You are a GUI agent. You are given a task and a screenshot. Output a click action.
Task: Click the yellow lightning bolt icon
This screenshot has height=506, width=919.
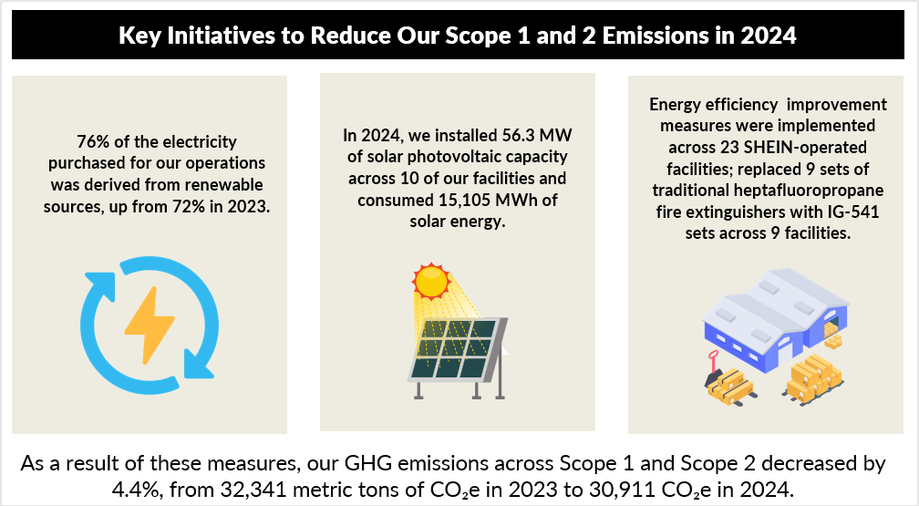[x=150, y=325]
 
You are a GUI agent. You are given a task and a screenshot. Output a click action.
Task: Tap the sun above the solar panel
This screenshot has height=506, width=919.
[x=431, y=282]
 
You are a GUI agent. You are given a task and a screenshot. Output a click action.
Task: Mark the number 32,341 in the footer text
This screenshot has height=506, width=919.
[x=251, y=489]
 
